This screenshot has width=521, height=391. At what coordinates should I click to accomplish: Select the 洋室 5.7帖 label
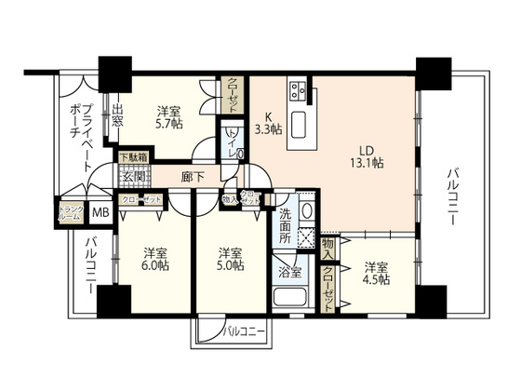[x=168, y=115]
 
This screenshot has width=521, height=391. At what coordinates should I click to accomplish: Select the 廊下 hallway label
[x=193, y=175]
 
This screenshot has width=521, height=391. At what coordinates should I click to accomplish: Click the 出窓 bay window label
[x=118, y=119]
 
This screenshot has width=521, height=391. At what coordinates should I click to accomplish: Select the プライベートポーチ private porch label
[x=81, y=136]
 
